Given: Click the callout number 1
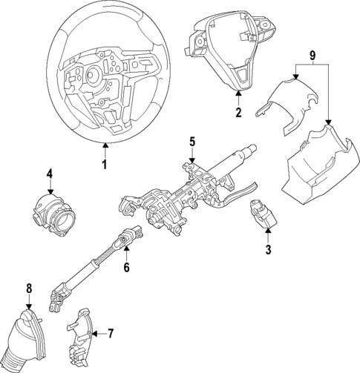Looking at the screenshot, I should [105, 164].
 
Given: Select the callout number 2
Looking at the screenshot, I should [238, 113].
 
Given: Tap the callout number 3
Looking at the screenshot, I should [268, 250].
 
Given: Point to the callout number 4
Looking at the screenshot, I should [49, 175].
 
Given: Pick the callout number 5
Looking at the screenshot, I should [192, 141].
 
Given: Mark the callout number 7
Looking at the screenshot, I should [111, 333].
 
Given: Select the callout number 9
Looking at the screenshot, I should [312, 56].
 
